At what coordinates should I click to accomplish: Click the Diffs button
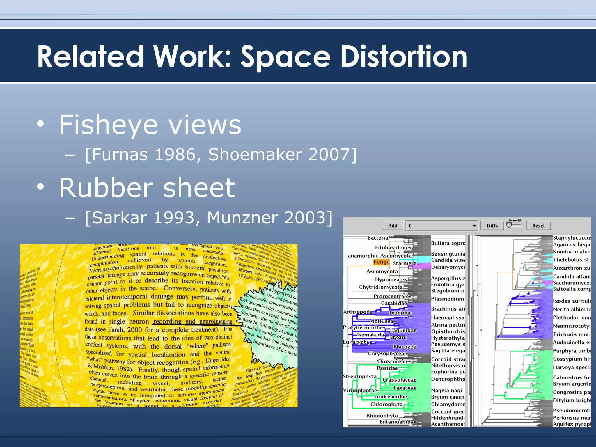pyautogui.click(x=492, y=226)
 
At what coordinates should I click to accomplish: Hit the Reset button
pyautogui.click(x=538, y=226)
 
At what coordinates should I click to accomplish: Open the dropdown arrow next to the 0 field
pyautogui.click(x=474, y=226)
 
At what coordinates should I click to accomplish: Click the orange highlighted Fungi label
pyautogui.click(x=381, y=262)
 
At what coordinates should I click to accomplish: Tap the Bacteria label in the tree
pyautogui.click(x=378, y=238)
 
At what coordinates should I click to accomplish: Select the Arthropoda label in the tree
pyautogui.click(x=358, y=312)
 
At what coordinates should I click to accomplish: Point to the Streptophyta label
pyautogui.click(x=360, y=376)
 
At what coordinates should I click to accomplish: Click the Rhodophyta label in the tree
pyautogui.click(x=382, y=416)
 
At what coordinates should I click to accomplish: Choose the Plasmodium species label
pyautogui.click(x=448, y=299)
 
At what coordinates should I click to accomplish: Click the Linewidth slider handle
pyautogui.click(x=509, y=225)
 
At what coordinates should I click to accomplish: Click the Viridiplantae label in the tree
pyautogui.click(x=360, y=390)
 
